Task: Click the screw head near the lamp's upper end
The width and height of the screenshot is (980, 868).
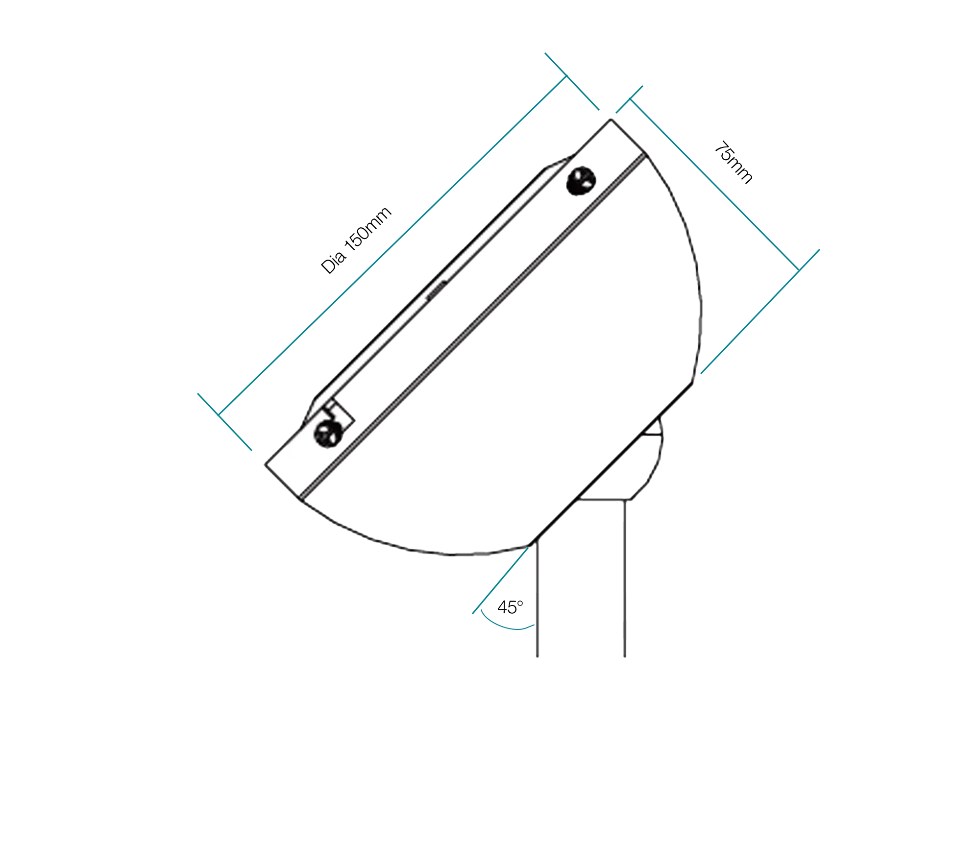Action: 581,181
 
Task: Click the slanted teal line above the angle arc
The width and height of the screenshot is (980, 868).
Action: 500,581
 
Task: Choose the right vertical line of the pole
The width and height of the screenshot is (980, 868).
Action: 623,578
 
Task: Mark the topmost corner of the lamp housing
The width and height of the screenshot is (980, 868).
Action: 610,119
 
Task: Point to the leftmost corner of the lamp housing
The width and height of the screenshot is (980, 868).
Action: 265,464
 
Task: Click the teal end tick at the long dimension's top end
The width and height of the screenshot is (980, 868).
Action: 571,81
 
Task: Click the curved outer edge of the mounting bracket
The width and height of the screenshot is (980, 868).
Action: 659,465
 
